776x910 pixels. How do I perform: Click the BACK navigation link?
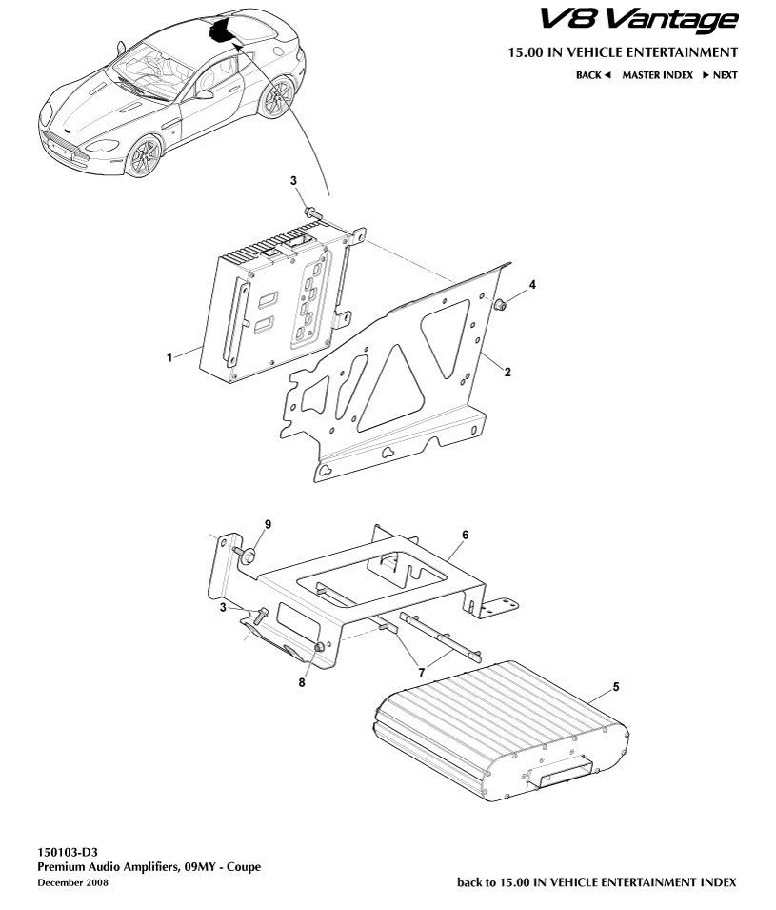coord(593,75)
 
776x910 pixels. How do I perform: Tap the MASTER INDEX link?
coord(657,75)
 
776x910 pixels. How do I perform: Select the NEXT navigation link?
coord(721,75)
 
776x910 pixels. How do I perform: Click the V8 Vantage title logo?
coord(639,20)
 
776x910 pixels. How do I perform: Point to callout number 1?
coord(169,357)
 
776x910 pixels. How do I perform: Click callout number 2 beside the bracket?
coord(507,372)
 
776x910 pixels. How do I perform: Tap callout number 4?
coord(532,284)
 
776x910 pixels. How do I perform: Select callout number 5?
coord(616,687)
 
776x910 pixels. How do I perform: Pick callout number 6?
coord(466,535)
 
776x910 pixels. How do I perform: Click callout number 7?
coord(422,673)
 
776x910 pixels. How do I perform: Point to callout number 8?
coord(302,682)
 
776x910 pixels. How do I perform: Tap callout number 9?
coord(268,524)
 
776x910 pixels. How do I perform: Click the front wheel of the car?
coord(143,155)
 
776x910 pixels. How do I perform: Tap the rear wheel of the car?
coord(277,97)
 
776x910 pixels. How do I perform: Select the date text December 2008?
coord(72,882)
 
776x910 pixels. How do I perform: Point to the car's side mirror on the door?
coord(205,94)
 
